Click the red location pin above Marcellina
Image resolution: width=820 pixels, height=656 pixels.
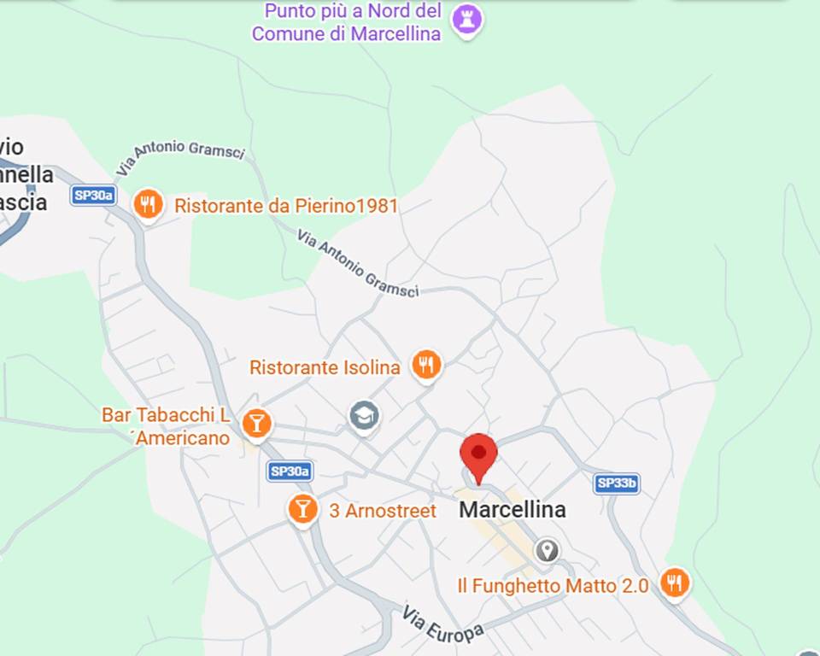(478, 453)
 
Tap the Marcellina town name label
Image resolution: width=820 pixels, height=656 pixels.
(512, 510)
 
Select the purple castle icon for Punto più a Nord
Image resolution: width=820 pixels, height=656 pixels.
(467, 20)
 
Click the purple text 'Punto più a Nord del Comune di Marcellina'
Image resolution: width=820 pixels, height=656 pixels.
(347, 22)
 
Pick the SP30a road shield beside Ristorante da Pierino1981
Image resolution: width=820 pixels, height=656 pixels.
(93, 196)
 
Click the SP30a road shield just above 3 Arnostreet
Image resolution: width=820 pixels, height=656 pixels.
(290, 471)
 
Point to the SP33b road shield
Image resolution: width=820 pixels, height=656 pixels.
(617, 483)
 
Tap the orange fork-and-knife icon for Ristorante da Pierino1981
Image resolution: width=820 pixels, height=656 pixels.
(149, 204)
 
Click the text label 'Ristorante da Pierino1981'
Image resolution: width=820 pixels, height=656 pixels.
(286, 206)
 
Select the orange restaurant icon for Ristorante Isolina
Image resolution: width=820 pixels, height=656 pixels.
(426, 366)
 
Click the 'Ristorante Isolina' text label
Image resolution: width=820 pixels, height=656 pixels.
(325, 367)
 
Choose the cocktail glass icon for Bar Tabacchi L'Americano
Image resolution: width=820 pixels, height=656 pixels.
(256, 423)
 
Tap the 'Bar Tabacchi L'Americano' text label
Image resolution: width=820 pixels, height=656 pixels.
(167, 425)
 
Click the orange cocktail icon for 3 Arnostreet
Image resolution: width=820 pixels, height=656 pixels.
(302, 508)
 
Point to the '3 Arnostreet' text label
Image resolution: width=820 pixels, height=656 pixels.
(383, 511)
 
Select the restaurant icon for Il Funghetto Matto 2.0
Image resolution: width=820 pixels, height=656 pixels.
(675, 583)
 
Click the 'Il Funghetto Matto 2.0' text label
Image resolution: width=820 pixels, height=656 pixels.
(553, 586)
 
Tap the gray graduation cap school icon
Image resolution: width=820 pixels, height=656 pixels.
(365, 416)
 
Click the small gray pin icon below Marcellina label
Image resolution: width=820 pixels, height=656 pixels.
(547, 550)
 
